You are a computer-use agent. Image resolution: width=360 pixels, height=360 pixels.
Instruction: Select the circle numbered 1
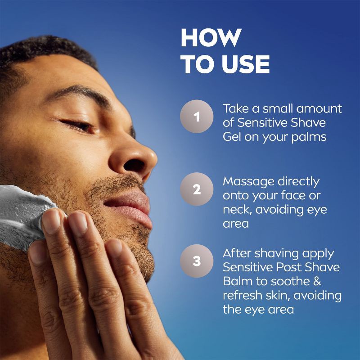point(197,117)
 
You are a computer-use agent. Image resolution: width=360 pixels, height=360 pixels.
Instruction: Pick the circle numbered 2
point(197,189)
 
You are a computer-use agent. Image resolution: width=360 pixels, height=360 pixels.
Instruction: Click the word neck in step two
point(238,210)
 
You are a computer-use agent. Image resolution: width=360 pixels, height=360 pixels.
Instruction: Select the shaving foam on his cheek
point(22,209)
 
